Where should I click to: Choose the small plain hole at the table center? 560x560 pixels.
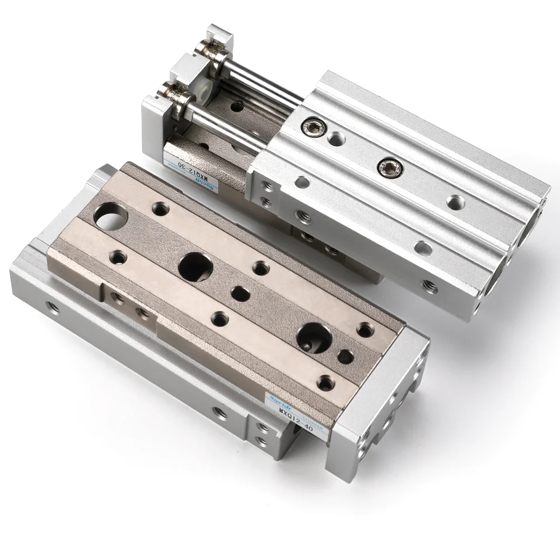[241, 293]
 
